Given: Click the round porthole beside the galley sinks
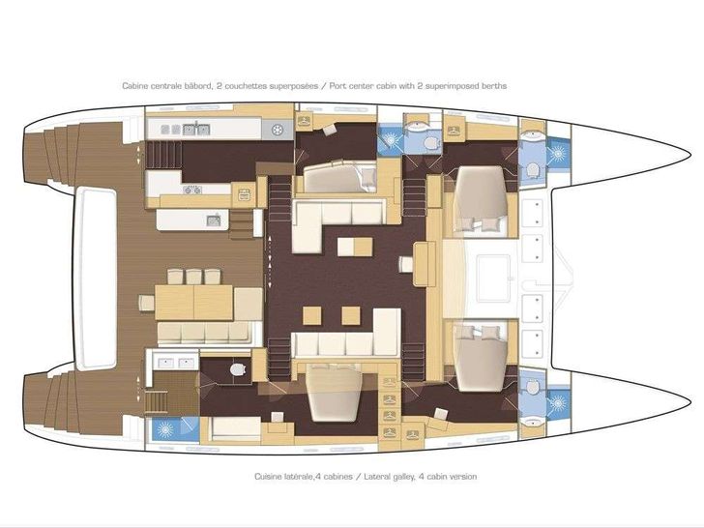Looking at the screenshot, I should [x=278, y=130].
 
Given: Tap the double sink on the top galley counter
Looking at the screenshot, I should [x=197, y=128].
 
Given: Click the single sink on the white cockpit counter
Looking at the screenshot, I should [x=212, y=220].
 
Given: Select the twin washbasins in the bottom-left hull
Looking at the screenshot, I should [x=171, y=364].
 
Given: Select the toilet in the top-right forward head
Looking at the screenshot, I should [x=533, y=170].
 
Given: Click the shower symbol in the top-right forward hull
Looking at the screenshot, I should [x=559, y=151].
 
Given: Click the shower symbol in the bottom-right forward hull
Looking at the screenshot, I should [x=559, y=402].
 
